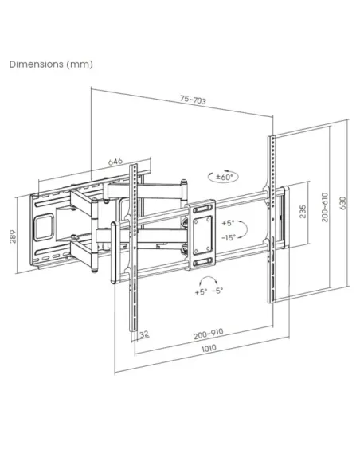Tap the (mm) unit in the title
80,64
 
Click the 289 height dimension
12,237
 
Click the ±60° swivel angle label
228,178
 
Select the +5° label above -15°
229,224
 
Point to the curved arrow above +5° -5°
209,280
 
